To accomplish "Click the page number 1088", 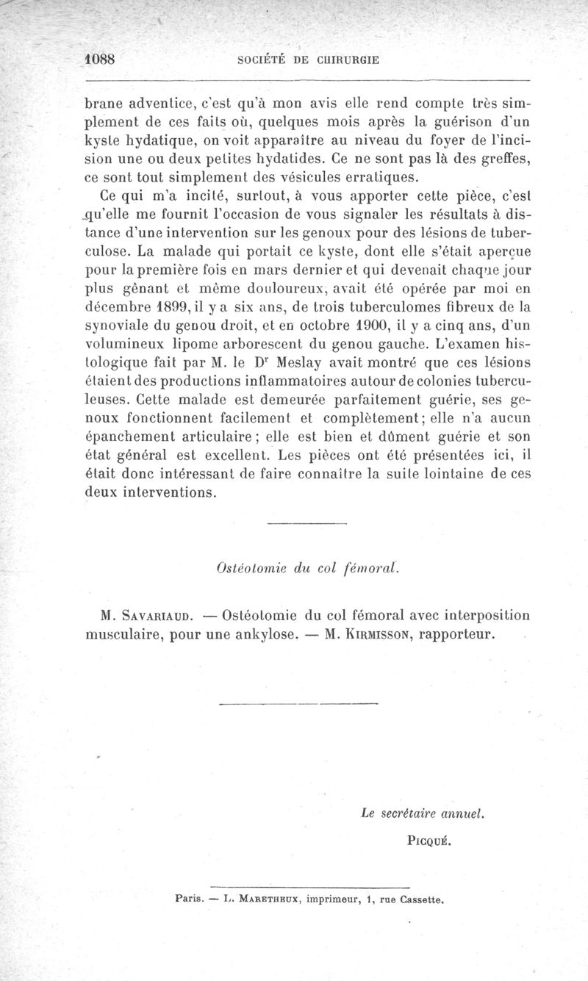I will click(102, 60).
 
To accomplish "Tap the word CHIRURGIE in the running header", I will click(345, 60).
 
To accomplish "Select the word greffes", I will click(508, 158).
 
